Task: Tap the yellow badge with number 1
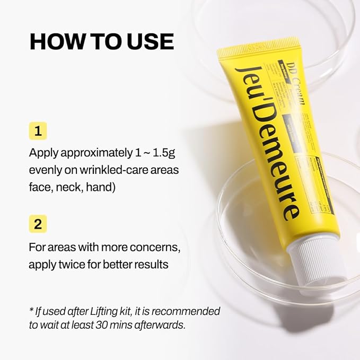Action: pyautogui.click(x=38, y=130)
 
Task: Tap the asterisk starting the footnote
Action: pyautogui.click(x=31, y=310)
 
